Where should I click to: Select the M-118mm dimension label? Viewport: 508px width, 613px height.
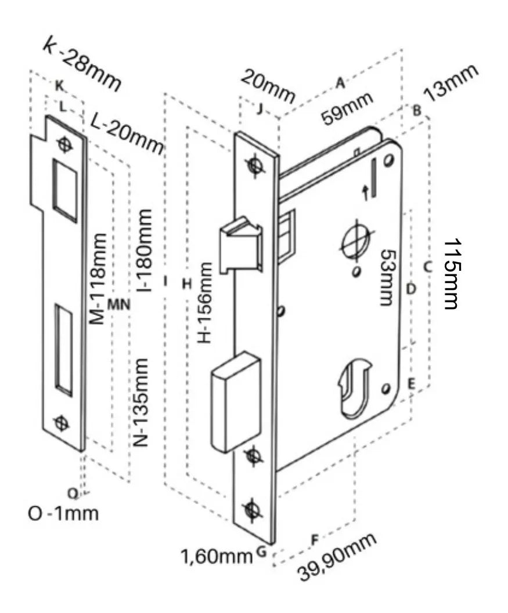coord(99,279)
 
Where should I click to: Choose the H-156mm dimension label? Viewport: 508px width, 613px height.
coord(205,302)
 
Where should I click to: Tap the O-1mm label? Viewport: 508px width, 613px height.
coord(63,513)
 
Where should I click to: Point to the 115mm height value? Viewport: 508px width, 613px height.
coord(453,274)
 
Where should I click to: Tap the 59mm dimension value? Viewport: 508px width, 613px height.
coord(348,109)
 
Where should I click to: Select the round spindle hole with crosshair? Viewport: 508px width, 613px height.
coord(355,240)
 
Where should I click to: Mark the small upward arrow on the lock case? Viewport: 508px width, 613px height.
coord(366,193)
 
